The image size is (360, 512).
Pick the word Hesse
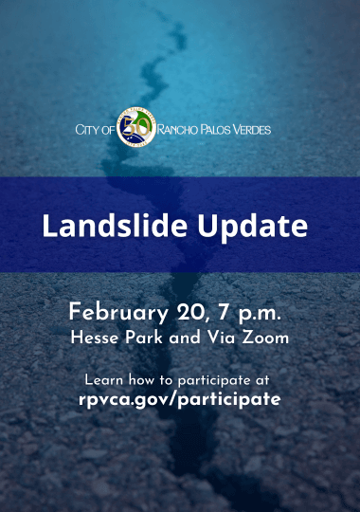click(92, 337)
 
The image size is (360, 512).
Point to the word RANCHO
click(177, 128)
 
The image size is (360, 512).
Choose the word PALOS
click(217, 128)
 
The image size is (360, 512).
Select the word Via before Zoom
click(222, 337)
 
